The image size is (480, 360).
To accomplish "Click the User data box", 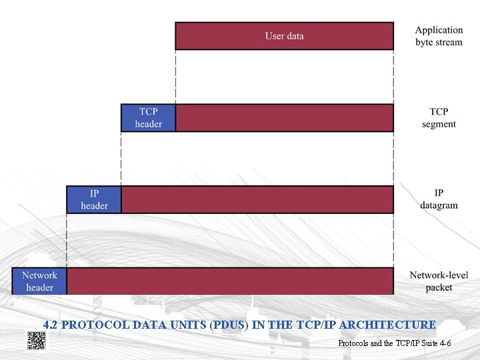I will pos(284,36).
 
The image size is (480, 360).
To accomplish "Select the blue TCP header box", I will pos(148,118).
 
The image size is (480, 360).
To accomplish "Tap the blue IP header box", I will pos(94,199).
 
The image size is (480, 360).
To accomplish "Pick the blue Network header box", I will pos(39,281).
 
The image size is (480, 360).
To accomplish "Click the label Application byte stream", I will pos(438,36).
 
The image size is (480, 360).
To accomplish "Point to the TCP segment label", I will pos(439,118).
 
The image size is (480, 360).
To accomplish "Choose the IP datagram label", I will pos(439,199).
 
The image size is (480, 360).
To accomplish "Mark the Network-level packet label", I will pos(439,281).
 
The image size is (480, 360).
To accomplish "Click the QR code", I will pos(36,340).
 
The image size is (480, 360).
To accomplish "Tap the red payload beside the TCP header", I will pos(284,118).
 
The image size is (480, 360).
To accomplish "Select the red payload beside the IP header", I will pos(257,199).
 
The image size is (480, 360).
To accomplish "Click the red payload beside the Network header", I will pos(230,281).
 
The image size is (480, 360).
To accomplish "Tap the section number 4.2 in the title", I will pos(50,325).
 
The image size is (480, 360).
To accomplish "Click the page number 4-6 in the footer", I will pos(444,343).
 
